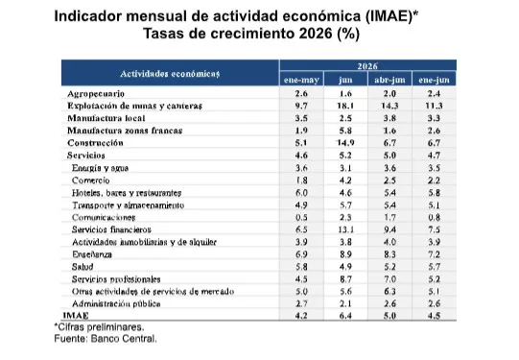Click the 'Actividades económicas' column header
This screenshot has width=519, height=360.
[170, 74]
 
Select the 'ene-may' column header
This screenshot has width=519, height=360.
[301, 80]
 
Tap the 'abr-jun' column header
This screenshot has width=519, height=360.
[389, 80]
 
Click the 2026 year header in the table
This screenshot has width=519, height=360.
[367, 66]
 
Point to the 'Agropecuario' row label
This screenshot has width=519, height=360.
[96, 94]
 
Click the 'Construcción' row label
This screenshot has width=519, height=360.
[95, 143]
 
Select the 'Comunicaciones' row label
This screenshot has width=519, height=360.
[104, 217]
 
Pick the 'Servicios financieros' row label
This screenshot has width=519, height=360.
[111, 229]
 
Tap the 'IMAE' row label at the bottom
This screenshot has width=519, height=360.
[76, 315]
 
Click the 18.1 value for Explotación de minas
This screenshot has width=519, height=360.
[345, 106]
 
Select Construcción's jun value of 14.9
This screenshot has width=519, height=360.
[345, 143]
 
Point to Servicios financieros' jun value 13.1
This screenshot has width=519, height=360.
[345, 229]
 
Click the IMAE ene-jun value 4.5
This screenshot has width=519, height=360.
[434, 315]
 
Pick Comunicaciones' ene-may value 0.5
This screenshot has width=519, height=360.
[301, 217]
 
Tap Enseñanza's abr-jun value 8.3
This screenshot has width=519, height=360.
[389, 254]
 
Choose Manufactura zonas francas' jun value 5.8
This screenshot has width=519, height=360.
[345, 131]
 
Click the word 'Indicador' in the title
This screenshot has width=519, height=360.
[87, 16]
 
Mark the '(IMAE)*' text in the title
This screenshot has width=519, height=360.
[392, 16]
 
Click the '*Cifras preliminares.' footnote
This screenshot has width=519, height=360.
[99, 327]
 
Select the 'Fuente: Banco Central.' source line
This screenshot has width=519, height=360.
[106, 339]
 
